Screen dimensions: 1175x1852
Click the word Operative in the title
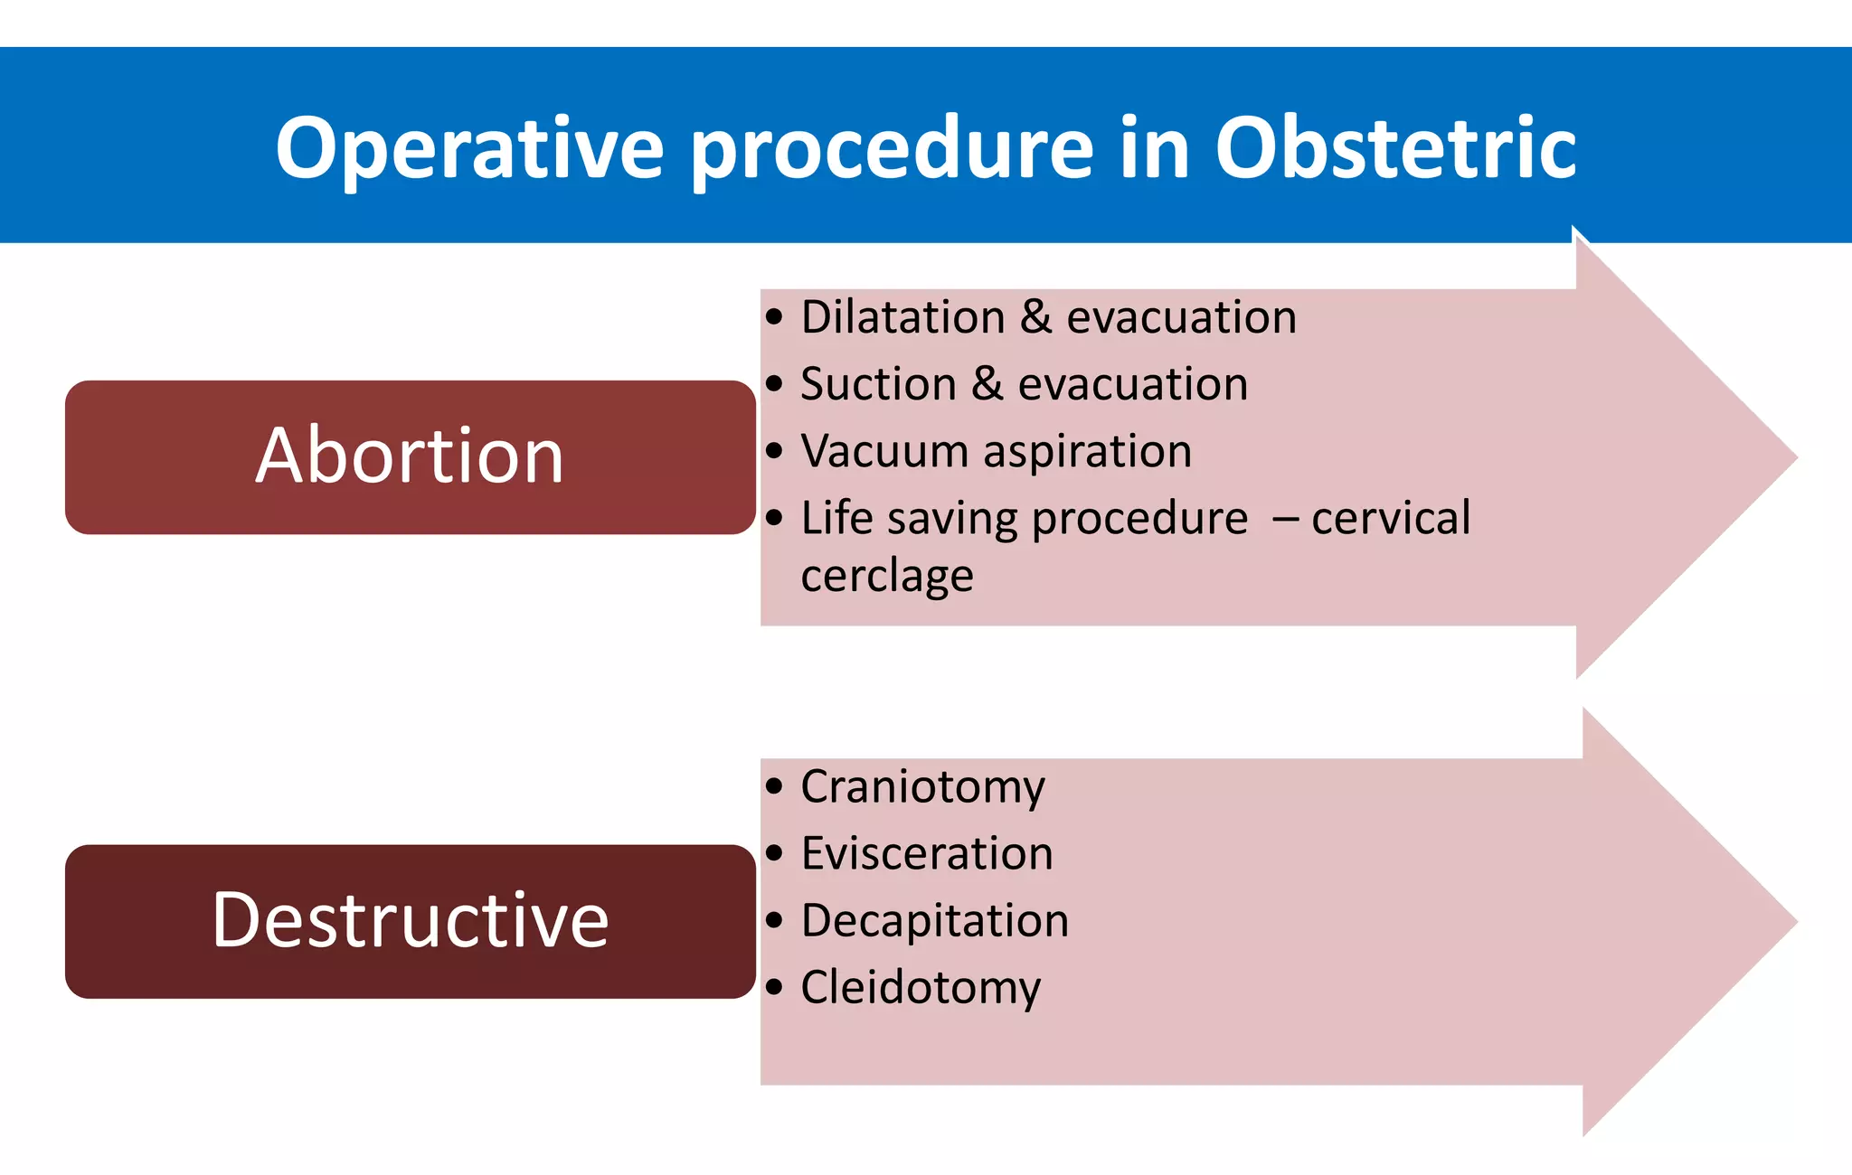[x=469, y=149]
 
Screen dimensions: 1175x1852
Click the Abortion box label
[x=410, y=456]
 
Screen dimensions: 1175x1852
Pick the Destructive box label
[x=410, y=920]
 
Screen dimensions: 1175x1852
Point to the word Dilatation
[x=902, y=318]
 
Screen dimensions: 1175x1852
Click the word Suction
[x=878, y=385]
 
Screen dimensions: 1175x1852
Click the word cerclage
[x=887, y=577]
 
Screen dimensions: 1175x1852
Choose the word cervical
[x=1391, y=519]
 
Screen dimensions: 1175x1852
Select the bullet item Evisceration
[x=927, y=854]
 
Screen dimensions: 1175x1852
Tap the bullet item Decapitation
[x=934, y=921]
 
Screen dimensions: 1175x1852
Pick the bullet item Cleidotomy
[x=921, y=988]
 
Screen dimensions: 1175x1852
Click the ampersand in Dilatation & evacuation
[x=1036, y=318]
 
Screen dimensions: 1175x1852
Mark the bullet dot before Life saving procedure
[x=774, y=519]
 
